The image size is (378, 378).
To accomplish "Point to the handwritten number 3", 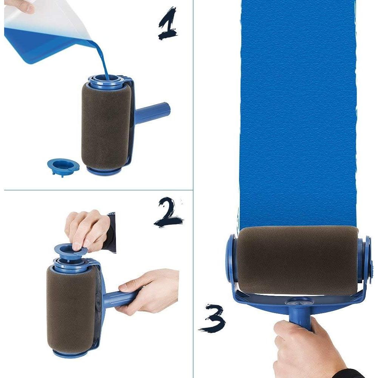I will pyautogui.click(x=213, y=318).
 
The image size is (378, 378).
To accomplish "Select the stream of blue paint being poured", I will pyautogui.click(x=102, y=57).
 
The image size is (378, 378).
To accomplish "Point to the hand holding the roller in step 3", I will pyautogui.click(x=302, y=349).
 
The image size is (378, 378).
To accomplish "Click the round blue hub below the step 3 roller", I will pyautogui.click(x=299, y=302).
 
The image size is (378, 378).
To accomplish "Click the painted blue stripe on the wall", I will pyautogui.click(x=298, y=113).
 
